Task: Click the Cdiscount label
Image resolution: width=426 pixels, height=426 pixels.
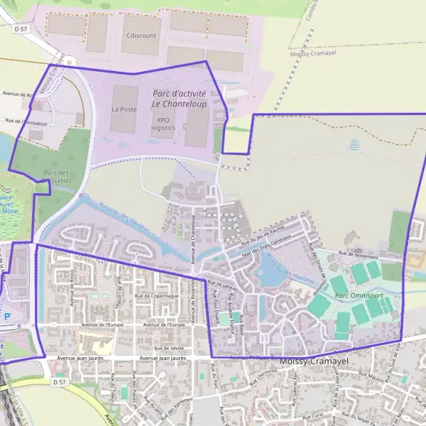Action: [141, 34]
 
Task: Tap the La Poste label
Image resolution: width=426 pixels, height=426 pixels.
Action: [124, 109]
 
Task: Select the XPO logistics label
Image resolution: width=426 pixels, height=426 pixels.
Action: [163, 124]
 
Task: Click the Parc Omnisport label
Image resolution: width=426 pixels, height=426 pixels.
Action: [352, 295]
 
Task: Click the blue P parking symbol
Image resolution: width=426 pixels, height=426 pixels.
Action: [8, 317]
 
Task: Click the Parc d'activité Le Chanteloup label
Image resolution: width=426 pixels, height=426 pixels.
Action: [179, 98]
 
